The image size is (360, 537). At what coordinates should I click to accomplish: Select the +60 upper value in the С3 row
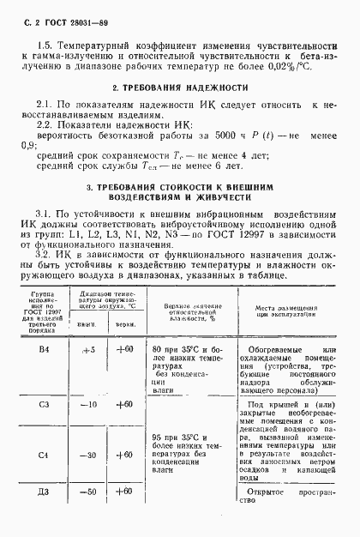pos(125,404)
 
